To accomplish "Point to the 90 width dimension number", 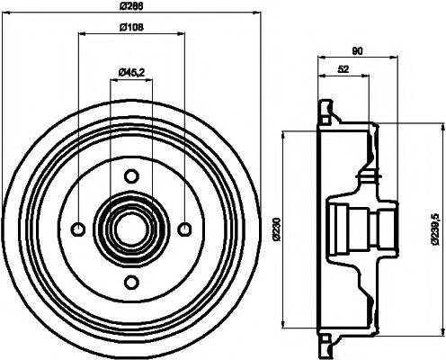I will [357, 51].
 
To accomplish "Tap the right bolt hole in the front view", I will [183, 226].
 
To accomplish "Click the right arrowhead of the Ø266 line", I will [255, 16].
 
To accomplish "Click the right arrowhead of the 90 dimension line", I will [395, 59].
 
